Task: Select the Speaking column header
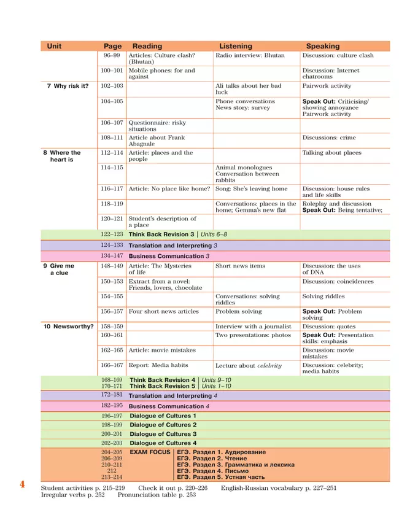click(323, 46)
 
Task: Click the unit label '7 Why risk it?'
click(68, 86)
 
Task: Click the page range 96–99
click(111, 55)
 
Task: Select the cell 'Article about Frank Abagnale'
click(157, 141)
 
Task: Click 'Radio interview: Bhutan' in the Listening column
click(250, 55)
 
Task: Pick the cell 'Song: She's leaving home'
click(251, 188)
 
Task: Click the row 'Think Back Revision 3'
click(161, 234)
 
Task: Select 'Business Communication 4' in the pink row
click(169, 406)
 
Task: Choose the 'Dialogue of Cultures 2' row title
click(163, 425)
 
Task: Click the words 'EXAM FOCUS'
click(150, 452)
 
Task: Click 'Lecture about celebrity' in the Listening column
click(249, 366)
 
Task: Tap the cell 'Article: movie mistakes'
click(162, 350)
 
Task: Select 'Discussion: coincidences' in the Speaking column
click(338, 281)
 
